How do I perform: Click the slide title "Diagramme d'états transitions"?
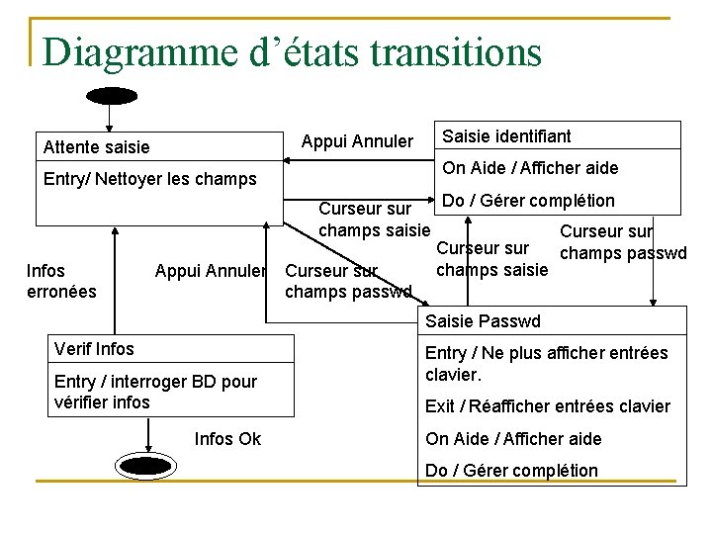tap(293, 51)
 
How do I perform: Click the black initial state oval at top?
tap(112, 96)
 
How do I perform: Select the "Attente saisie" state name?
tap(97, 147)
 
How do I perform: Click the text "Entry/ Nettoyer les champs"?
tap(150, 179)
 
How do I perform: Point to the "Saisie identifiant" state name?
tap(506, 135)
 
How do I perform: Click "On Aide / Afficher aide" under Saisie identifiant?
tap(530, 167)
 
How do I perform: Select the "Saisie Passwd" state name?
tap(483, 321)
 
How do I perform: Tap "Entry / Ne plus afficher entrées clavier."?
tap(546, 363)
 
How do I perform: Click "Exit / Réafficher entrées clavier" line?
tap(547, 406)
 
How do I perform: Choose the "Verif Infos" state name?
tap(94, 348)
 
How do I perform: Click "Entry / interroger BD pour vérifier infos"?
tap(155, 392)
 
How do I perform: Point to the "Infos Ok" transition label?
tap(227, 438)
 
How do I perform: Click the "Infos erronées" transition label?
tap(61, 280)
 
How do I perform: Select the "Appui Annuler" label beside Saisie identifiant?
tap(357, 141)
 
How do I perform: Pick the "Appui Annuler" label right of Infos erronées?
tap(211, 270)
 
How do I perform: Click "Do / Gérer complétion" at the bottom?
tap(511, 471)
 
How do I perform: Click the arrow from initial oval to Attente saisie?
tap(110, 118)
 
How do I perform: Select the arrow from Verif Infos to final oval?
tap(148, 435)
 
